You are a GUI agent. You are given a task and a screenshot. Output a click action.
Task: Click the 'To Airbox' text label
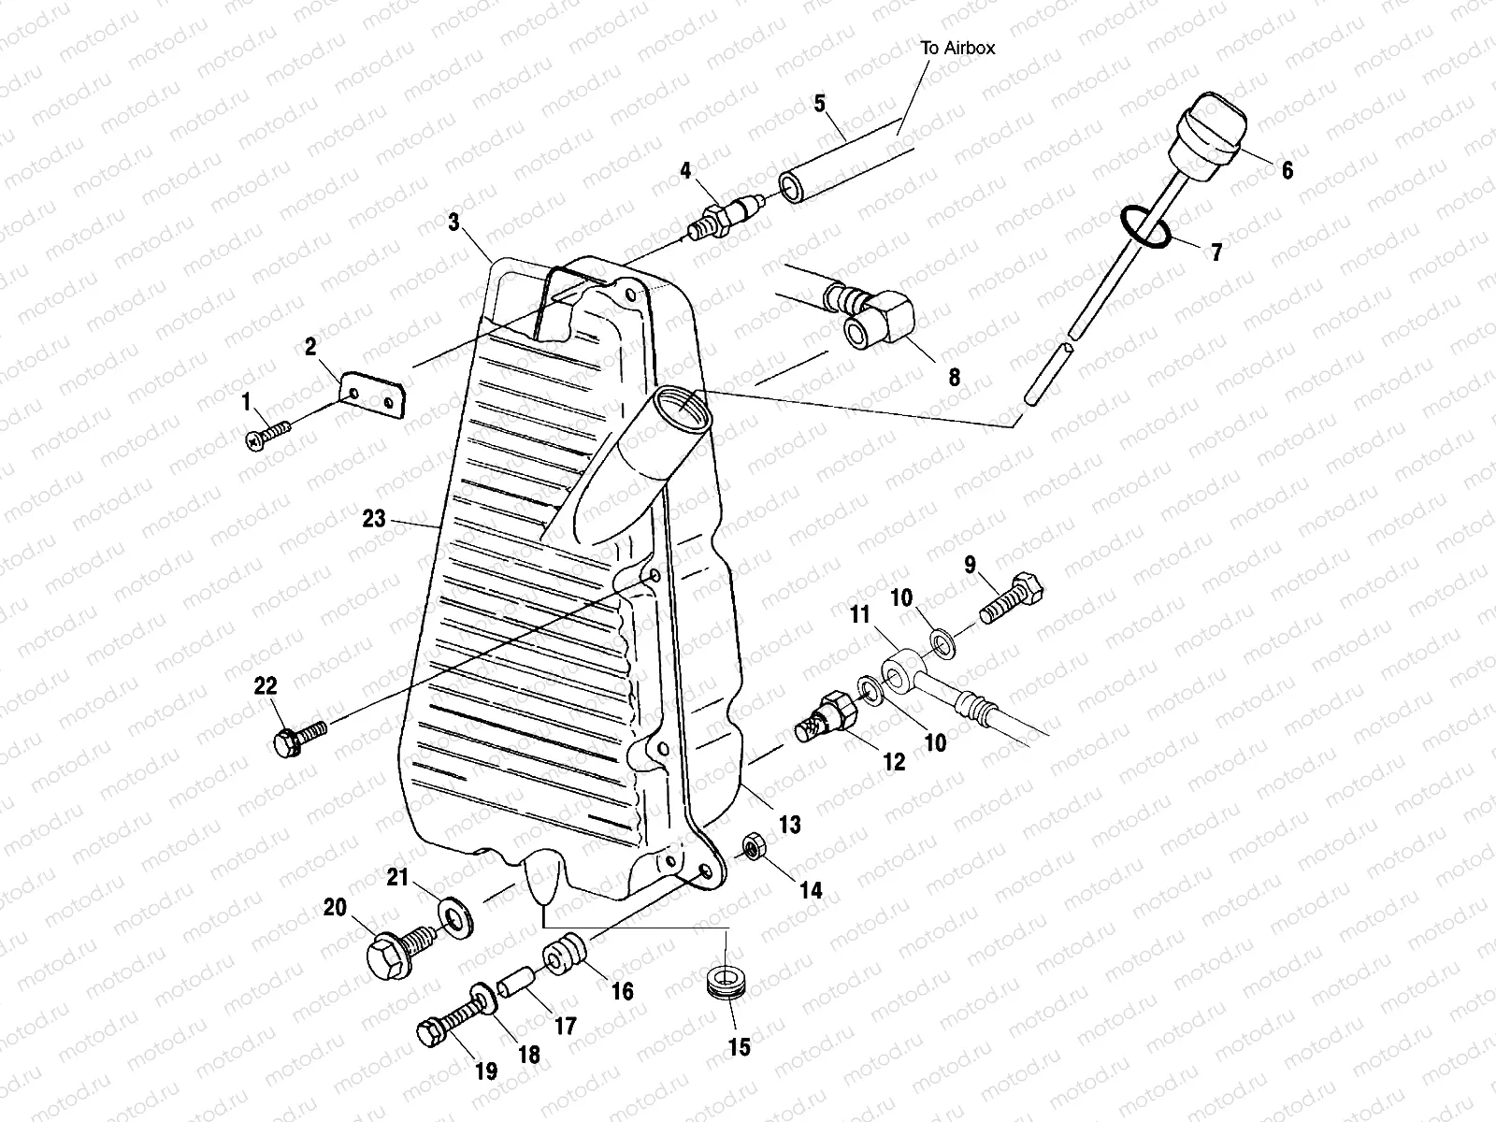[957, 48]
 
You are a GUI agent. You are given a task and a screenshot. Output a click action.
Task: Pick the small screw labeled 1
[267, 434]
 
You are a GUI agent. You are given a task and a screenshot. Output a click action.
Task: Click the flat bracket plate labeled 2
[374, 395]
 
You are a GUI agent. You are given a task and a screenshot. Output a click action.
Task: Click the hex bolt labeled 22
[297, 736]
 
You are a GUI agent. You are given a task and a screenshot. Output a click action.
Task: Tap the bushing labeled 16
[564, 960]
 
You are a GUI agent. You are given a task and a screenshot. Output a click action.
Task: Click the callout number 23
[374, 518]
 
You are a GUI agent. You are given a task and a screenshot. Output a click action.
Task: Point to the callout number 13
[790, 825]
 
